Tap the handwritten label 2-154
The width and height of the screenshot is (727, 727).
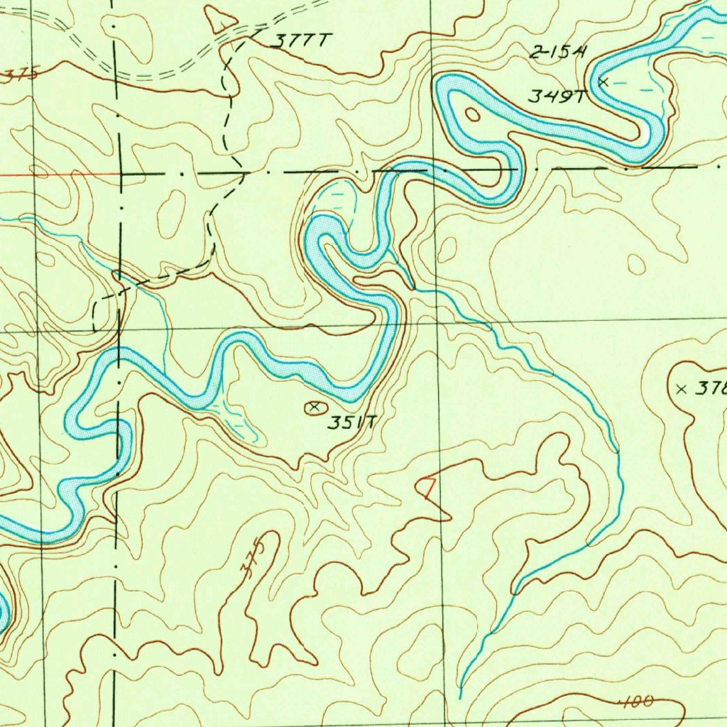click(x=559, y=51)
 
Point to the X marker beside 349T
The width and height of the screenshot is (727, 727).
click(x=603, y=82)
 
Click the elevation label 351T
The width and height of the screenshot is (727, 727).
click(x=352, y=424)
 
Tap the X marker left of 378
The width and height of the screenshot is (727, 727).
click(x=682, y=388)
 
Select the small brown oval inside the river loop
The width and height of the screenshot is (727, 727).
click(x=471, y=114)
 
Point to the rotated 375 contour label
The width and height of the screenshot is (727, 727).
click(x=256, y=557)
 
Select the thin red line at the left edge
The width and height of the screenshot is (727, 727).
click(x=57, y=173)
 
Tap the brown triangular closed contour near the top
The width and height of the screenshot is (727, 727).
click(x=220, y=20)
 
